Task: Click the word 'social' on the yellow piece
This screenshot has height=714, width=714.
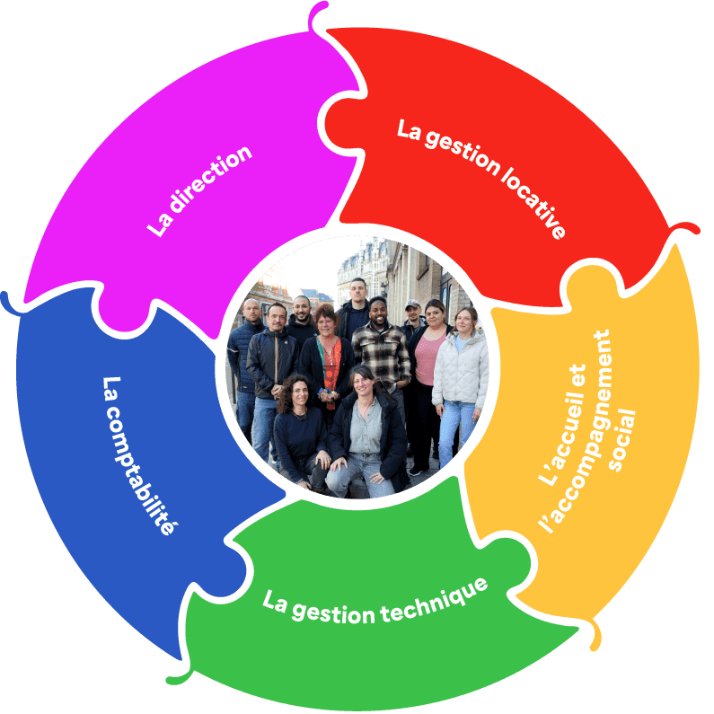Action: pyautogui.click(x=621, y=440)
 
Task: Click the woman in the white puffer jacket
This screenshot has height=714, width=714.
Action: pyautogui.click(x=460, y=368)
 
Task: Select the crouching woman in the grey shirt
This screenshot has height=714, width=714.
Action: pyautogui.click(x=364, y=431)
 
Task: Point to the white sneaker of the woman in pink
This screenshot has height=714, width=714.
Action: pyautogui.click(x=416, y=470)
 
